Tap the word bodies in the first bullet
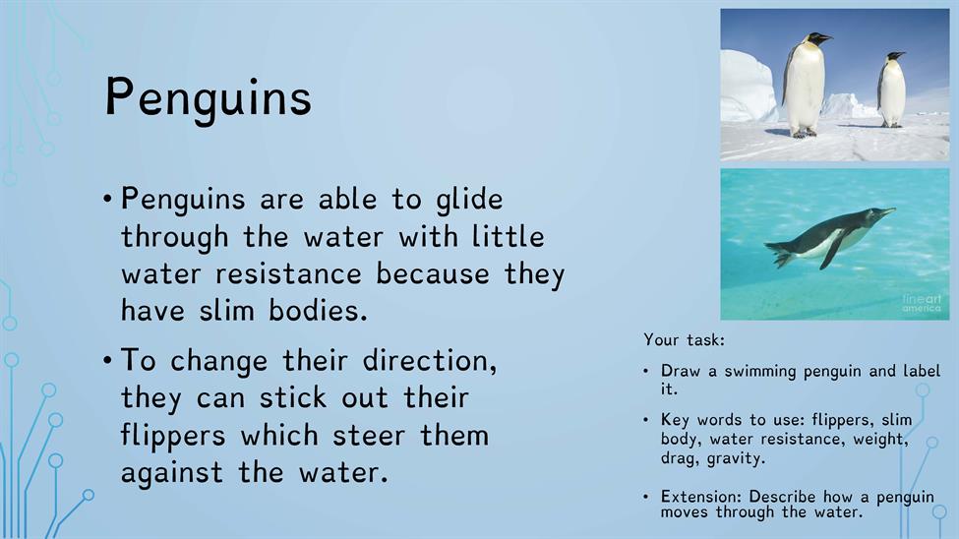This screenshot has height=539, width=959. coord(318,311)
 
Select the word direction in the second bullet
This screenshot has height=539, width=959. coord(430,360)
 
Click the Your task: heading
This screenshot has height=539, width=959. coord(684,340)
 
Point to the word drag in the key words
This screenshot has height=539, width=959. coord(680,459)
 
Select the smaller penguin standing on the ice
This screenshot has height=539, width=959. coord(891,90)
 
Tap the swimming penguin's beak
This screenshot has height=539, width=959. coord(886,211)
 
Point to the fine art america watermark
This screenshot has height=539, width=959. coord(923,304)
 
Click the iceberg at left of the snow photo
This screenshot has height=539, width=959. coord(748,88)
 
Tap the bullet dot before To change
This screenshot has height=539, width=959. coord(107,360)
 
